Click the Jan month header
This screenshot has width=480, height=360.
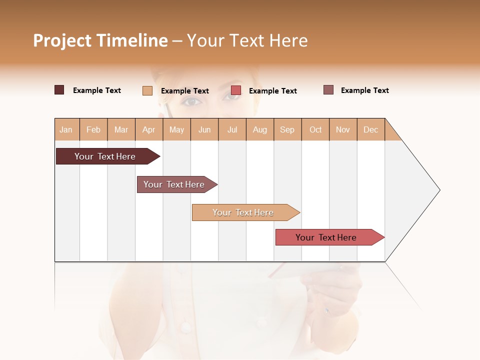(66, 129)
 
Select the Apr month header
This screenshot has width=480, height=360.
(149, 129)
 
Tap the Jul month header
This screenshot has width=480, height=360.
(232, 129)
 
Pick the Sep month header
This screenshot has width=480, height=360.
(287, 129)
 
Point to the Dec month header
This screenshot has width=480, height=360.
(370, 129)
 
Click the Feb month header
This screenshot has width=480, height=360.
(93, 129)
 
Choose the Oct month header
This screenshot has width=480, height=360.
(315, 129)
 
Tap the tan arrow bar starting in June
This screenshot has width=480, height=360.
(243, 212)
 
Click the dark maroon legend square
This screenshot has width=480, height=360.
(59, 90)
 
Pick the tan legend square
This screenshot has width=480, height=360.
(147, 90)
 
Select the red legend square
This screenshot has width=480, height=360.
(236, 90)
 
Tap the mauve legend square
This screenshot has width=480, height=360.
(328, 90)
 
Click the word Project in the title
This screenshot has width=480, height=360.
(62, 41)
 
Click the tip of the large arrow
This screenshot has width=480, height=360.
(439, 190)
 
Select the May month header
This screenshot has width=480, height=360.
(176, 129)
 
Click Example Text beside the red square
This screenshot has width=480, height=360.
(272, 91)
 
